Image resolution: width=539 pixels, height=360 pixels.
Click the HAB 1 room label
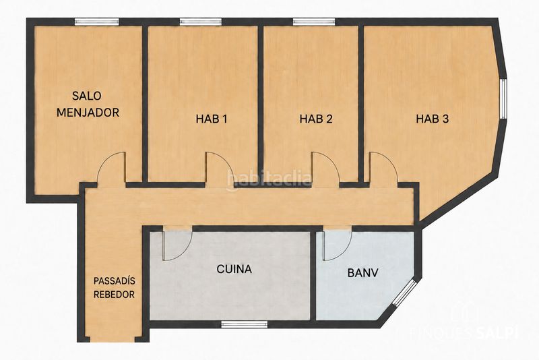(x=212, y=119)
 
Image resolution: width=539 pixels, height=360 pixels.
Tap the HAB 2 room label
(x=316, y=119)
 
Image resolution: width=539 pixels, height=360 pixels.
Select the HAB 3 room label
(x=433, y=119)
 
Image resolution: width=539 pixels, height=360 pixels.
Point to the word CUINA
(x=234, y=269)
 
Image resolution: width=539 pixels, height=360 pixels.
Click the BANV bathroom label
(x=362, y=273)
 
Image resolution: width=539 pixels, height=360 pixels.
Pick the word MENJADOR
(x=88, y=113)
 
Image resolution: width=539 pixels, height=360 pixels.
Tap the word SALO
(x=87, y=96)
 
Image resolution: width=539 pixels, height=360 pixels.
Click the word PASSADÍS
(x=115, y=280)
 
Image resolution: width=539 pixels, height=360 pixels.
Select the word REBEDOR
(x=115, y=295)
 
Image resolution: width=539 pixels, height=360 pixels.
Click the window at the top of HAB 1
(x=201, y=22)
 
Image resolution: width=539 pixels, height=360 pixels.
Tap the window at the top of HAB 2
(x=314, y=22)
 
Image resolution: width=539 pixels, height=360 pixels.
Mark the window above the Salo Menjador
(x=97, y=22)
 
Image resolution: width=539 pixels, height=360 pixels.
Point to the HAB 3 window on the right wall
(x=503, y=98)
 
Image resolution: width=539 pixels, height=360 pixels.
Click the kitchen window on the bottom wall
(x=244, y=324)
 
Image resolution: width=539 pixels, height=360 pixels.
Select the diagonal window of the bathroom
(x=405, y=293)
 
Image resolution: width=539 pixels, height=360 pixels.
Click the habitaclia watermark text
(x=269, y=179)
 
